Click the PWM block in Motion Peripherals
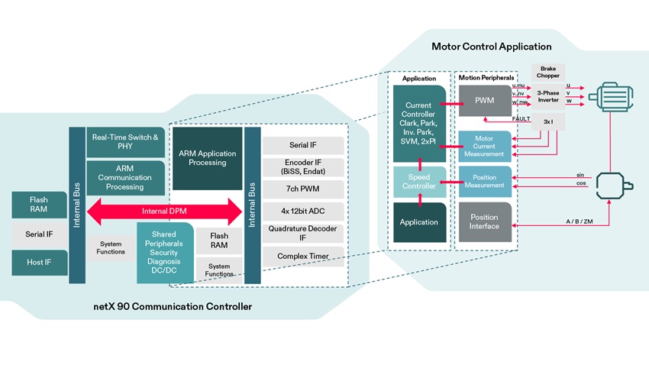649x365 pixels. pyautogui.click(x=484, y=101)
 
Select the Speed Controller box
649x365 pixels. pyautogui.click(x=419, y=180)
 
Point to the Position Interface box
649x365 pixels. pyautogui.click(x=484, y=221)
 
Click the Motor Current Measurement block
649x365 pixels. pyautogui.click(x=484, y=145)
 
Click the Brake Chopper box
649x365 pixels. pyautogui.click(x=547, y=72)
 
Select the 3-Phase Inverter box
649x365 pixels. pyautogui.click(x=547, y=97)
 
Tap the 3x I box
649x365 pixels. pyautogui.click(x=547, y=121)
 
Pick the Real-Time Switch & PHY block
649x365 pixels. pyautogui.click(x=125, y=141)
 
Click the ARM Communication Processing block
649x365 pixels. pyautogui.click(x=125, y=177)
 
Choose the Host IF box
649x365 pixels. pyautogui.click(x=39, y=262)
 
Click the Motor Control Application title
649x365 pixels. pyautogui.click(x=491, y=47)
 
